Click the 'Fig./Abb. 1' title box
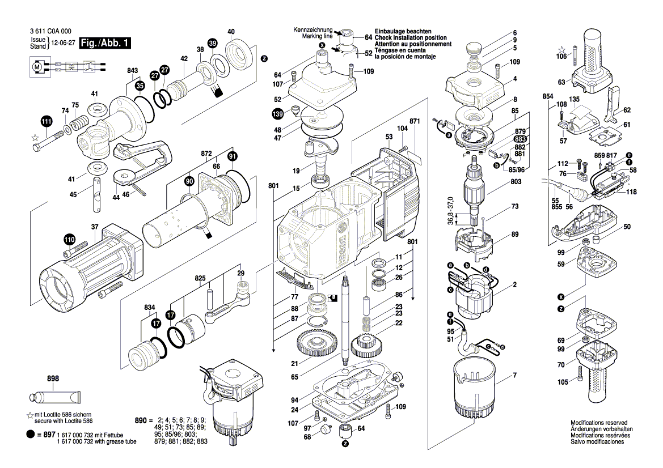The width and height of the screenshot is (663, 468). [105, 43]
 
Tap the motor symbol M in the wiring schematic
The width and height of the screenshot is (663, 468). [37, 66]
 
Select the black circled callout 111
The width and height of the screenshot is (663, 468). [47, 122]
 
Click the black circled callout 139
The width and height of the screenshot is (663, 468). [277, 114]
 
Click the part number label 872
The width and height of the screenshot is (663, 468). [206, 154]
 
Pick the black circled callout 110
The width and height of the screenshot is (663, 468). [69, 240]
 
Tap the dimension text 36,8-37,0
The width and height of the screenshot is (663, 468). [451, 210]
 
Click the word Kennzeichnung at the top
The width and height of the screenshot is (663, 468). [313, 30]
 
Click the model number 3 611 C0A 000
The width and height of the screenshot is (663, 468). [50, 31]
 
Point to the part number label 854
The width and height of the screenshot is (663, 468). [547, 96]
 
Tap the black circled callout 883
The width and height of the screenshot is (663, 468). [520, 139]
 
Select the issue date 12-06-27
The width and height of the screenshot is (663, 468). [62, 43]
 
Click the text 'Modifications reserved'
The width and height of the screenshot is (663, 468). [599, 422]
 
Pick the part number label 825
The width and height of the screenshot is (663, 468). [200, 278]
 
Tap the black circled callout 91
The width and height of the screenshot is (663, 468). [232, 156]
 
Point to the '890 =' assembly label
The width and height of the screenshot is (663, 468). [143, 421]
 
